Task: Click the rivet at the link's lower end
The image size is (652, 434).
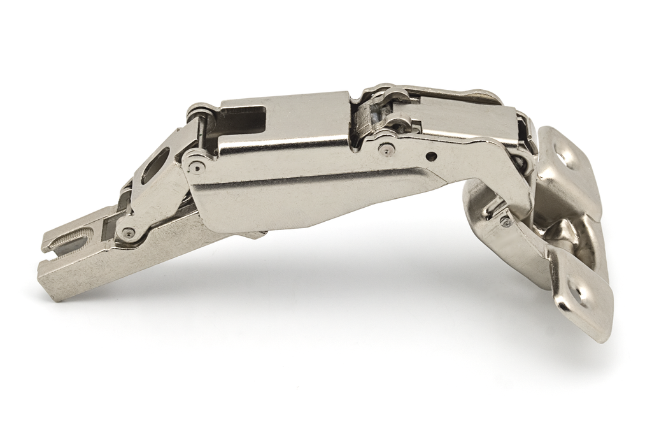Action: tap(129, 233)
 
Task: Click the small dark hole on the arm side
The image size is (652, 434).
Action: tap(432, 156)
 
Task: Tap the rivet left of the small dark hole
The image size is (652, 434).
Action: tap(385, 149)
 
